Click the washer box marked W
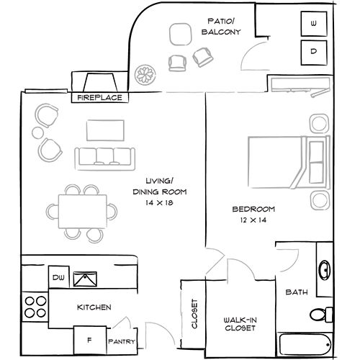tap(314, 24)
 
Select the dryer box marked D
tap(314, 53)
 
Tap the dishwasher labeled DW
tap(59, 277)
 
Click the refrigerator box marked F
tap(90, 340)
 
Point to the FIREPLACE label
tap(99, 98)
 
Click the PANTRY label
tap(122, 341)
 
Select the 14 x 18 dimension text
tap(159, 203)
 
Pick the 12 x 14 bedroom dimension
tap(253, 220)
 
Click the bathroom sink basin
tap(325, 270)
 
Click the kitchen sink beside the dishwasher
tap(85, 279)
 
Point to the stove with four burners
tap(35, 307)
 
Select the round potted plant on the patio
tap(145, 75)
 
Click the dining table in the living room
tap(83, 212)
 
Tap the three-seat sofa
tap(105, 159)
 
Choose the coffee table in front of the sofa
tap(105, 130)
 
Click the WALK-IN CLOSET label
tap(240, 324)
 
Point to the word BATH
tap(297, 292)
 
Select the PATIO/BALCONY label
tap(221, 27)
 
